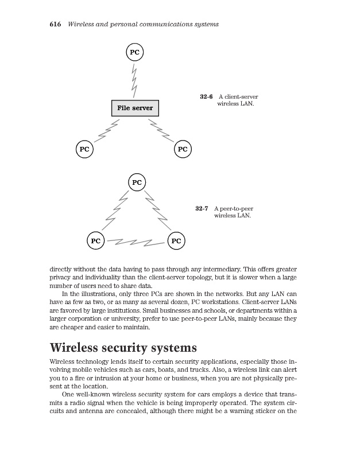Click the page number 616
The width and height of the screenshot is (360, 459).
pos(56,24)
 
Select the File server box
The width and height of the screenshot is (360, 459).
pos(135,108)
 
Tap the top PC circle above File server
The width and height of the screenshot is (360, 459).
pos(134,52)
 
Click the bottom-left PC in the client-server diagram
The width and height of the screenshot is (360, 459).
pos(84,149)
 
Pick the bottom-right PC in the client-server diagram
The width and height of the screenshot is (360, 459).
pos(183,149)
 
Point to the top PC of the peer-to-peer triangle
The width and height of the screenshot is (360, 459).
pos(137,182)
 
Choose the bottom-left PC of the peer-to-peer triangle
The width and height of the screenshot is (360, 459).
pos(96,241)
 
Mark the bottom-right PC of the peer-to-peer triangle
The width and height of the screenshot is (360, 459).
pos(176,241)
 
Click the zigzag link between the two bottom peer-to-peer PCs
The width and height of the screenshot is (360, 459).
pos(136,242)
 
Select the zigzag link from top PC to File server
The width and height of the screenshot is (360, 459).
pos(135,80)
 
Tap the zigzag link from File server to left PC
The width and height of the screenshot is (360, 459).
pos(107,131)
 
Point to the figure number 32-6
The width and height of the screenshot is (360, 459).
pos(206,97)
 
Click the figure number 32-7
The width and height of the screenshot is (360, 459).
pos(202,208)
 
